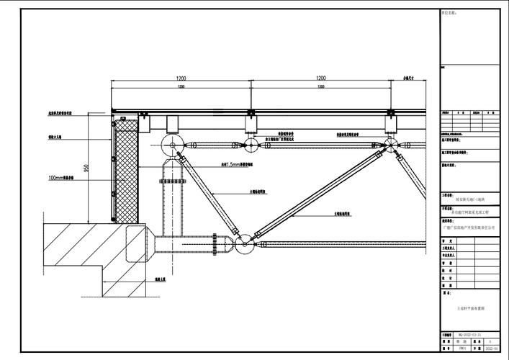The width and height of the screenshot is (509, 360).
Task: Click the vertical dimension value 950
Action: click(x=86, y=168)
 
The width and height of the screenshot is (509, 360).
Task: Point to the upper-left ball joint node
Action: click(x=174, y=145)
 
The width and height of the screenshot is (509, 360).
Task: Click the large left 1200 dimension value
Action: click(x=180, y=78)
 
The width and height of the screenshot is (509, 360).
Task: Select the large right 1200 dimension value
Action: click(x=320, y=78)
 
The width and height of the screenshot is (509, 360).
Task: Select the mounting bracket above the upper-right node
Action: click(x=390, y=124)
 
